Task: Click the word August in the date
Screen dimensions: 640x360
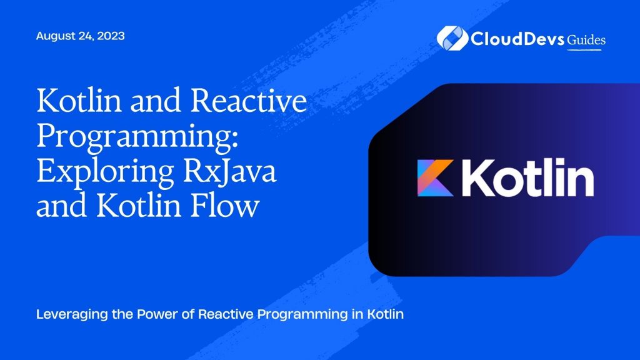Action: (56, 36)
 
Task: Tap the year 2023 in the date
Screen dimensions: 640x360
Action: (111, 36)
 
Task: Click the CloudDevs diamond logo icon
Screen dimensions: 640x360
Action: (452, 38)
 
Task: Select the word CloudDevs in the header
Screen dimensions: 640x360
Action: (517, 39)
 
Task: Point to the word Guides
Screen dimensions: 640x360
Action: (586, 40)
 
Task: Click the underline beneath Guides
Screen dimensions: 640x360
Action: (584, 50)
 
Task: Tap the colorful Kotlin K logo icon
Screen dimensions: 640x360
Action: (436, 178)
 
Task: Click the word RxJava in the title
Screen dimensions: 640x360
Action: (230, 171)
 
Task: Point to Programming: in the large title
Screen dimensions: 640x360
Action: (137, 136)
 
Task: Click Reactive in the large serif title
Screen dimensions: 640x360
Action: (249, 101)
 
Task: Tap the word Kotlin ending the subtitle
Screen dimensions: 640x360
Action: (385, 314)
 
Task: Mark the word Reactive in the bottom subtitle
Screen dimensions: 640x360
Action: (225, 314)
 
